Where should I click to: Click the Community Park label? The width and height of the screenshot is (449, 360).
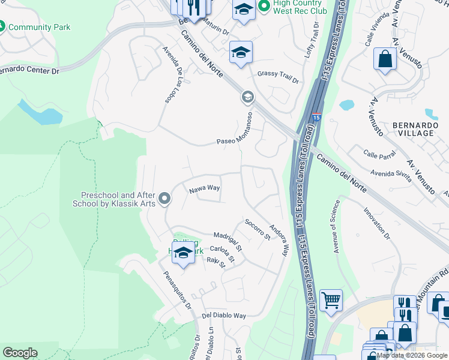point(39,27)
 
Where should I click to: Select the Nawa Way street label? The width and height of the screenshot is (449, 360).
point(205,189)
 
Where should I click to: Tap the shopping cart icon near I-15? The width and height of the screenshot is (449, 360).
point(331,300)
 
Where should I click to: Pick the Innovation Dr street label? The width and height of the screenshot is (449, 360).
point(377,224)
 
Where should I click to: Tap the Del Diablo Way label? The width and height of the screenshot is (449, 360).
point(224,316)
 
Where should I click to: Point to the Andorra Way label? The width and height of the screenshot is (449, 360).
point(280,240)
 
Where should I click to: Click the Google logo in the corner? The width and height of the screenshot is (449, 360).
point(20,352)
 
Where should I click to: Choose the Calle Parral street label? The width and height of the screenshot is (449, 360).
point(379,155)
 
